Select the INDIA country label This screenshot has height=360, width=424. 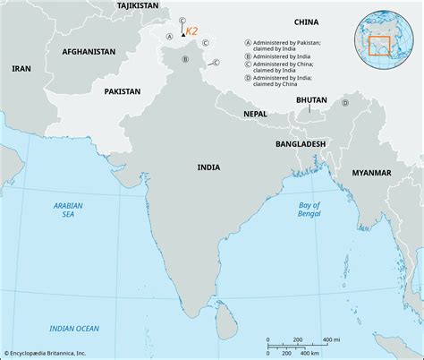click(x=210, y=167)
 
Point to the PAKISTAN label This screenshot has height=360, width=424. click(x=122, y=91)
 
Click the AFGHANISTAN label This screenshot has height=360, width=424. click(x=89, y=52)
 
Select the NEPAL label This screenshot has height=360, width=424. click(x=255, y=115)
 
